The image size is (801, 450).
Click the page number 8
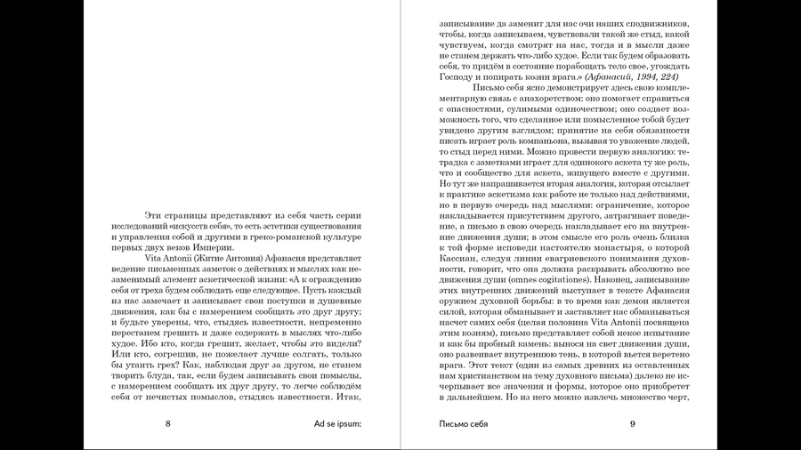pos(167,422)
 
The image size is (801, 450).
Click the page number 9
pos(632,422)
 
